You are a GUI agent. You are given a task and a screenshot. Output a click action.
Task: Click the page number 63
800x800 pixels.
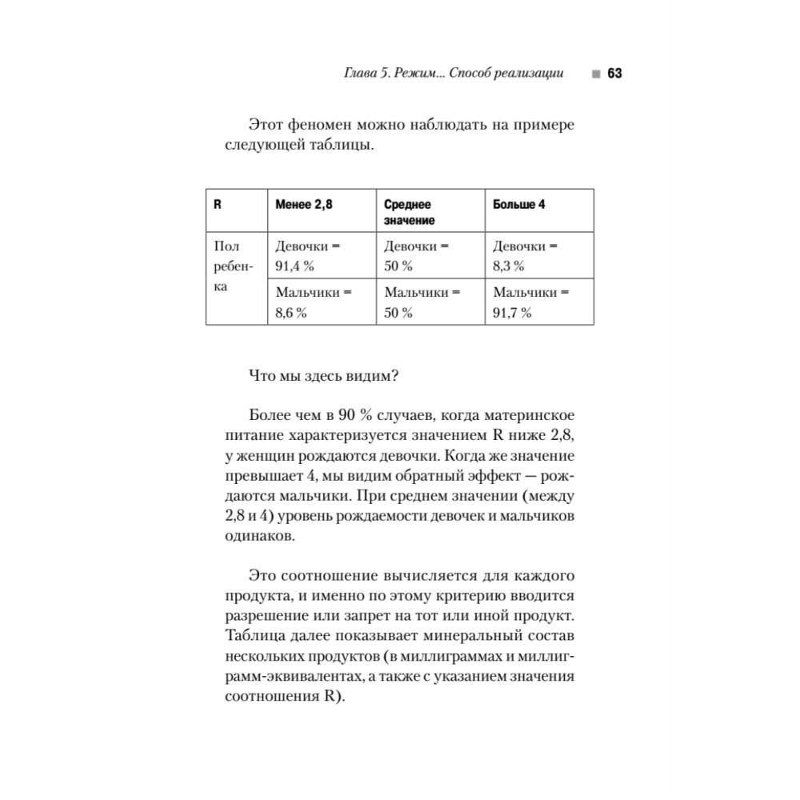614,74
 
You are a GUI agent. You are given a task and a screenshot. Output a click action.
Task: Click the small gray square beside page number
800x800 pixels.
595,74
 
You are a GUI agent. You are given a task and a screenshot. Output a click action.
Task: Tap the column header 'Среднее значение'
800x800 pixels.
409,212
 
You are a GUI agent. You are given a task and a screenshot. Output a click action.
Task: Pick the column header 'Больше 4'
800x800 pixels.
519,205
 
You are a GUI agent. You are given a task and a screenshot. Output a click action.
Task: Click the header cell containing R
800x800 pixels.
217,205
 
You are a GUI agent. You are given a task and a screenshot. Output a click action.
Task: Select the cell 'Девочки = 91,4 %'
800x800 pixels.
307,256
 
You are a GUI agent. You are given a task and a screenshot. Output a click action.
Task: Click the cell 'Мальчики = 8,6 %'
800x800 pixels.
313,302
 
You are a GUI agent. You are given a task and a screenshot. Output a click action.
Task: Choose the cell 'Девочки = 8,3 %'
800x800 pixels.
525,256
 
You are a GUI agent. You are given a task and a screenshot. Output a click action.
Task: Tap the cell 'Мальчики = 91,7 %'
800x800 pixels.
530,302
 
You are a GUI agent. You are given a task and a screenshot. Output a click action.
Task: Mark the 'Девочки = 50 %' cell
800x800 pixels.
416,256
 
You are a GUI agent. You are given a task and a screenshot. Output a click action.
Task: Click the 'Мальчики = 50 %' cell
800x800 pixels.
422,302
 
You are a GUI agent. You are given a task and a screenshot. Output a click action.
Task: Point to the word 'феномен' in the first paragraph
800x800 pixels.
320,126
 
